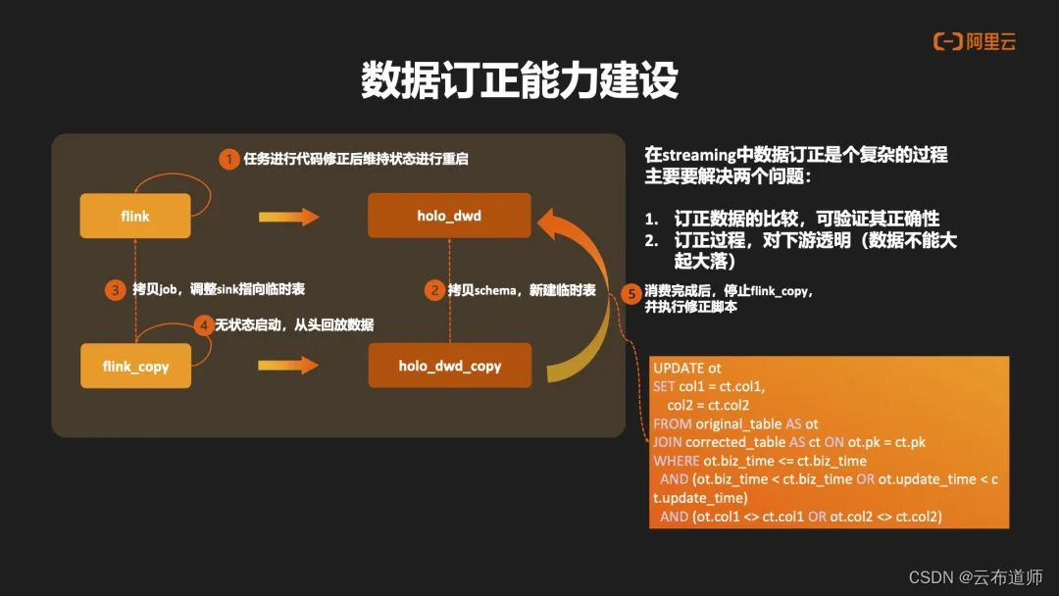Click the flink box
pos(135,216)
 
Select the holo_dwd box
pos(449,216)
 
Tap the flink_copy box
pos(135,366)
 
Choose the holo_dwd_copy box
pos(449,366)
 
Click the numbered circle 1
pos(228,159)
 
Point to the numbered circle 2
pos(433,290)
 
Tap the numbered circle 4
pos(203,324)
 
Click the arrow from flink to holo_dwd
pos(289,217)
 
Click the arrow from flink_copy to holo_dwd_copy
pos(289,366)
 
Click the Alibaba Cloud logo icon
pos(947,41)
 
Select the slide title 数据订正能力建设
pos(520,81)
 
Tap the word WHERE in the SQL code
pos(676,461)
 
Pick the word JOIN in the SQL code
pos(667,442)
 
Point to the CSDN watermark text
pos(976,576)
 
